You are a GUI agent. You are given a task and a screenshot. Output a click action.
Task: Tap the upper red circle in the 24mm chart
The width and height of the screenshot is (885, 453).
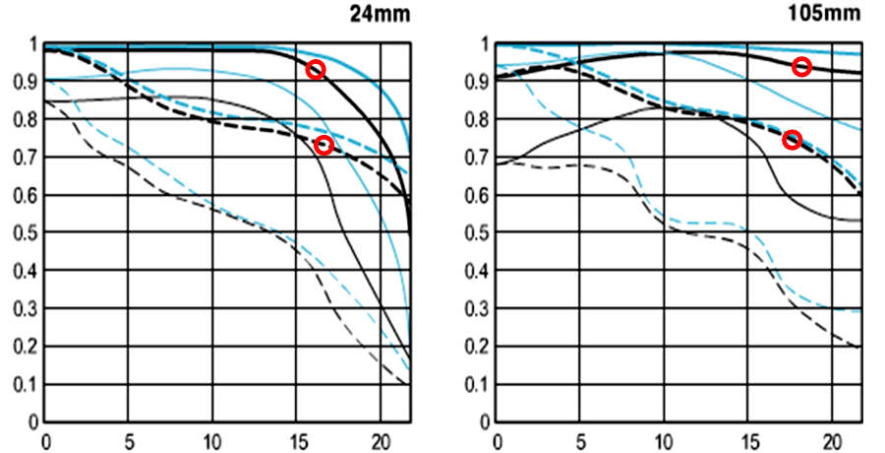coord(316,70)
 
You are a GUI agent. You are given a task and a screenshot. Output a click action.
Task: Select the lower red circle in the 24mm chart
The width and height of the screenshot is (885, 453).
coord(324,146)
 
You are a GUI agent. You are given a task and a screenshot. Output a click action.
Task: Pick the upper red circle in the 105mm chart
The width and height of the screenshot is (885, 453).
coord(802,67)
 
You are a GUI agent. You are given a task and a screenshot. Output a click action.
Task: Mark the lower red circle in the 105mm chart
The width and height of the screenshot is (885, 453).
coord(792,140)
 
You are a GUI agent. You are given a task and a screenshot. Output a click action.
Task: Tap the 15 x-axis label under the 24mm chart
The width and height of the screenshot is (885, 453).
coord(296,439)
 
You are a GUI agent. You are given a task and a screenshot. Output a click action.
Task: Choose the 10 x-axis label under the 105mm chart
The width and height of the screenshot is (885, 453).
coord(664,439)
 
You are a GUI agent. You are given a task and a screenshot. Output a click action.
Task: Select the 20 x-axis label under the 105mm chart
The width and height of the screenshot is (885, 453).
coord(832,439)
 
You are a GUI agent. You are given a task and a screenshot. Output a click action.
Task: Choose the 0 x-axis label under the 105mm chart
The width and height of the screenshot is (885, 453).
coord(497,439)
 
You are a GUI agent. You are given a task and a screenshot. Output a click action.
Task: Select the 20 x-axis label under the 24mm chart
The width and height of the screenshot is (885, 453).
coord(380,439)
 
